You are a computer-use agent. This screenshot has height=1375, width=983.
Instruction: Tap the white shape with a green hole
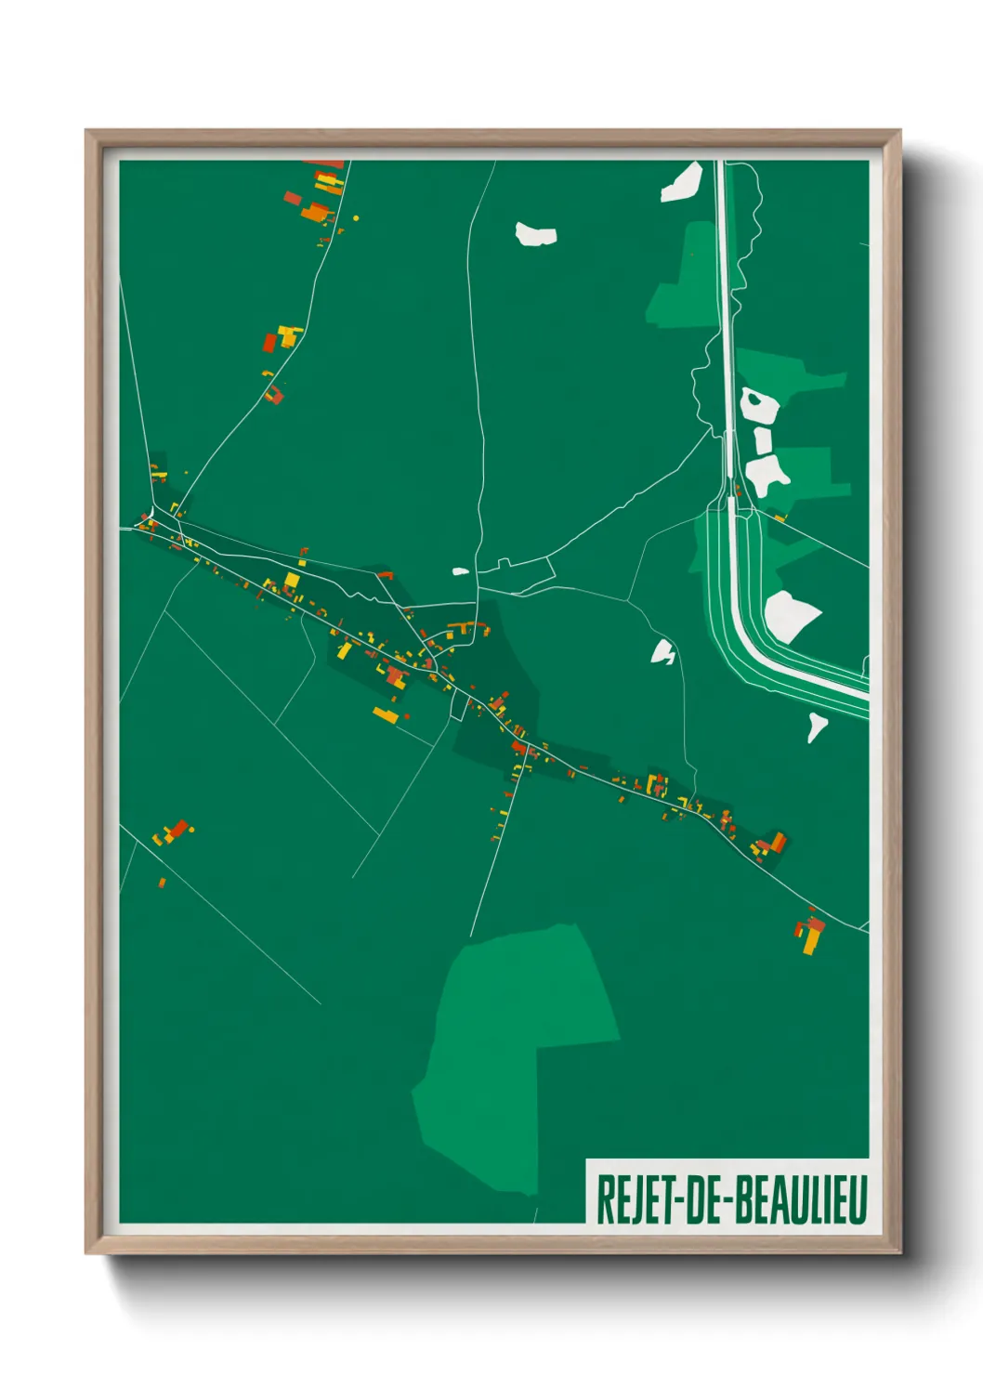[758, 405]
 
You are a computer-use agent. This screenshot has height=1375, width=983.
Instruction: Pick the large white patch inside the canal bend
[790, 615]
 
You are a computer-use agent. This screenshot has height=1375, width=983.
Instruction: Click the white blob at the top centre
[535, 234]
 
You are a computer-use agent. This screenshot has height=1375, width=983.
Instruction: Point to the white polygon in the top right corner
[682, 182]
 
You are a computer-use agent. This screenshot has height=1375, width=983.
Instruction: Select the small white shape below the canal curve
[816, 725]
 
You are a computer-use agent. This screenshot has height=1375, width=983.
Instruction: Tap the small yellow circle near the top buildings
[356, 218]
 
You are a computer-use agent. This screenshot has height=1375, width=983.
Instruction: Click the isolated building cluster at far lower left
[173, 832]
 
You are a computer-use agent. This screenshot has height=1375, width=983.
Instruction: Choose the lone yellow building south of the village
[385, 714]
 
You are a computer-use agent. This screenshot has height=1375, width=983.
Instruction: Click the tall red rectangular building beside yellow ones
[269, 342]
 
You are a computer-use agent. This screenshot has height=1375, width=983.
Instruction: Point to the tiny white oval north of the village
[460, 571]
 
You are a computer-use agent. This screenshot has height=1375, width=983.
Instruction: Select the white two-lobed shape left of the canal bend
[663, 652]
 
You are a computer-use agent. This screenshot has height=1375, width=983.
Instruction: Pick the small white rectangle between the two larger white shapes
[763, 441]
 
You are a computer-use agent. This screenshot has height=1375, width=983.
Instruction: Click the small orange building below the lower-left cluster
[162, 882]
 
